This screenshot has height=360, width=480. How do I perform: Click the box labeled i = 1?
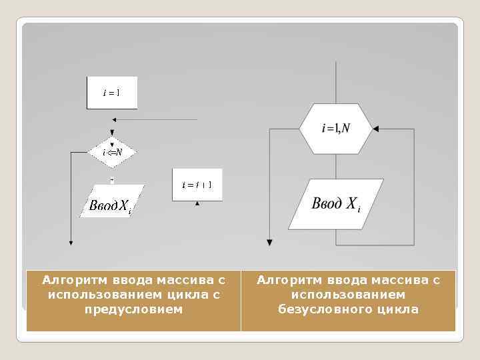point(111,93)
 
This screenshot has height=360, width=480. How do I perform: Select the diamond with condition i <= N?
point(112,153)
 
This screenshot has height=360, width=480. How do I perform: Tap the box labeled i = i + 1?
point(197,184)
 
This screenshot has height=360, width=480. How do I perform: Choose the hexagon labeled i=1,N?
point(335,129)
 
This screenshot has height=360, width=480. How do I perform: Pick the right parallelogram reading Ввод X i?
point(337,204)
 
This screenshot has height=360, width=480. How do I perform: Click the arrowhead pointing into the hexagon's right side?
point(375,129)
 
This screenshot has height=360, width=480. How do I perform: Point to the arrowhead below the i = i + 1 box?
point(197,204)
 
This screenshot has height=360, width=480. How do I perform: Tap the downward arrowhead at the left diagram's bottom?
point(71,241)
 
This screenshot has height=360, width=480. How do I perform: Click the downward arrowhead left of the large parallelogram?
point(269,241)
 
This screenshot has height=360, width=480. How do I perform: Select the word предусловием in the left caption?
point(133,309)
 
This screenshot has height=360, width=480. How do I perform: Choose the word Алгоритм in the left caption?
point(69,280)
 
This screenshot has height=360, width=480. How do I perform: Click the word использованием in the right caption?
point(348,295)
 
